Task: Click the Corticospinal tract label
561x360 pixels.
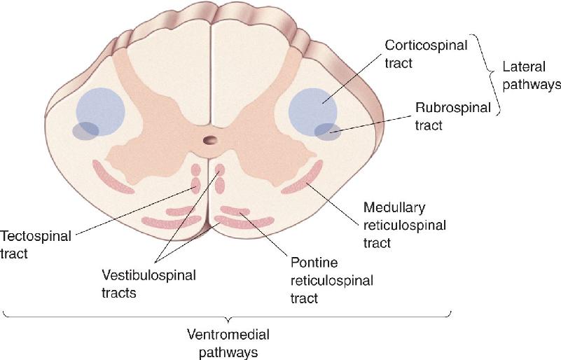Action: pyautogui.click(x=426, y=54)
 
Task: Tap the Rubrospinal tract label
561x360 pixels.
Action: pyautogui.click(x=452, y=116)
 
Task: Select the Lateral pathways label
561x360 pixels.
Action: pyautogui.click(x=532, y=76)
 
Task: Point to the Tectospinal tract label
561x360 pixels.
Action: pyautogui.click(x=36, y=244)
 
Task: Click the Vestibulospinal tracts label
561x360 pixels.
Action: pyautogui.click(x=149, y=284)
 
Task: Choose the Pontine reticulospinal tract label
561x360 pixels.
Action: pyautogui.click(x=332, y=280)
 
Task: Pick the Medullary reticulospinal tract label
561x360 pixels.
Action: pyautogui.click(x=405, y=226)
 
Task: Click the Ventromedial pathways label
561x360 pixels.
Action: pyautogui.click(x=228, y=343)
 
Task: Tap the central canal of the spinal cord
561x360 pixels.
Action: pyautogui.click(x=210, y=139)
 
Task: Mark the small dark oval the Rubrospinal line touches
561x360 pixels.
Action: pyautogui.click(x=328, y=132)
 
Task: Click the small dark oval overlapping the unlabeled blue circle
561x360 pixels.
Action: pyautogui.click(x=85, y=130)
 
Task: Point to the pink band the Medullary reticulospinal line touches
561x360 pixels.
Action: pyautogui.click(x=303, y=178)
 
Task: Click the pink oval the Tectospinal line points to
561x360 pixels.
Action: pyautogui.click(x=195, y=186)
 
